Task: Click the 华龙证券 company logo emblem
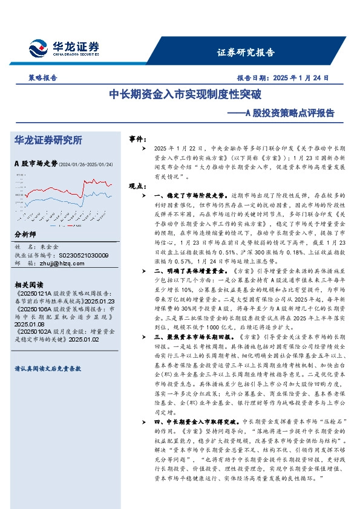click(x=37, y=48)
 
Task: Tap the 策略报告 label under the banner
click(x=43, y=78)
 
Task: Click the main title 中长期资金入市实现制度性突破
click(x=185, y=95)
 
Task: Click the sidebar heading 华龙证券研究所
click(x=48, y=140)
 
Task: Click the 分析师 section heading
click(x=25, y=235)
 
